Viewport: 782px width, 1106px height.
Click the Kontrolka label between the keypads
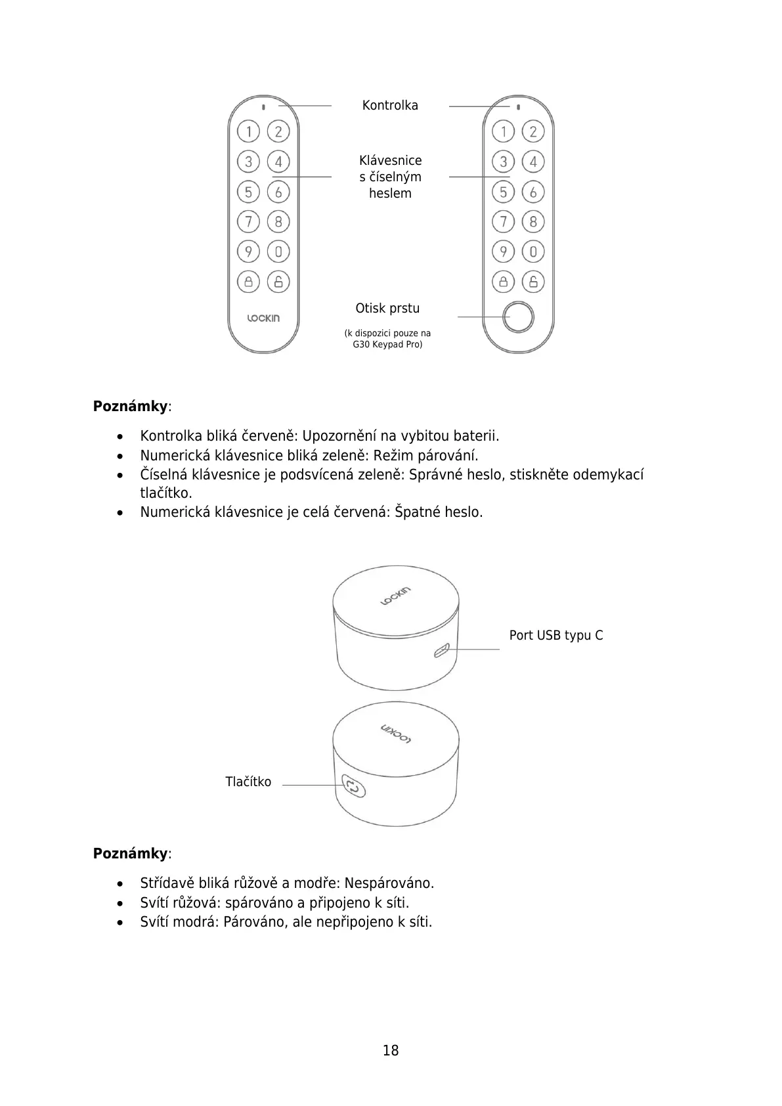(x=390, y=105)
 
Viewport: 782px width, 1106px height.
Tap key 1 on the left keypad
(x=248, y=131)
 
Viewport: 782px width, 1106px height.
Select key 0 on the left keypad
(x=278, y=252)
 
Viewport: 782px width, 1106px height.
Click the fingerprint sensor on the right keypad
(x=518, y=317)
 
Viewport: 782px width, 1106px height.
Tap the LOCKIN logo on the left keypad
(x=263, y=319)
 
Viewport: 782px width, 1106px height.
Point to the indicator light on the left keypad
(x=263, y=107)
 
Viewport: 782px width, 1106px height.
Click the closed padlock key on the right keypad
(x=503, y=282)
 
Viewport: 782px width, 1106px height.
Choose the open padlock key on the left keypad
(x=278, y=282)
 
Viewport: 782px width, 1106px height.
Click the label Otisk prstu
(x=387, y=308)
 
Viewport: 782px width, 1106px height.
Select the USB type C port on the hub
(x=441, y=651)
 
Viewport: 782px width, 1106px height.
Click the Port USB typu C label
(x=556, y=635)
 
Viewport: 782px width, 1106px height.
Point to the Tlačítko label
(x=248, y=782)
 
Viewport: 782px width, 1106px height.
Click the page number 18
(x=391, y=1050)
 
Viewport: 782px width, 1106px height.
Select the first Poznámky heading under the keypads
(x=131, y=406)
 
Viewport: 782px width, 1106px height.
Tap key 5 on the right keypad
(x=503, y=192)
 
